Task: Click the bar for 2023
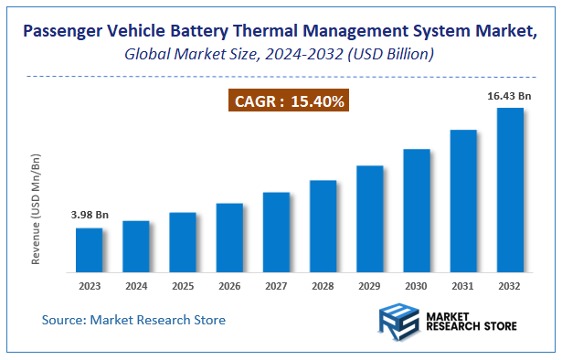90,249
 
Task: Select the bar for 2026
229,238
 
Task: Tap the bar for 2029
369,218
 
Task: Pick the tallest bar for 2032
509,190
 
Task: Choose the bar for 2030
416,210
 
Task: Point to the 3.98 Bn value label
90,215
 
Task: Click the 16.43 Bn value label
509,95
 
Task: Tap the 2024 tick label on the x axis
136,285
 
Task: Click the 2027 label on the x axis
276,285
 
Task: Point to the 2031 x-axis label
462,285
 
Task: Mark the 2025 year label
183,285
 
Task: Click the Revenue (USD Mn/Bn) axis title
37,210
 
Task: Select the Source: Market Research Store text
133,320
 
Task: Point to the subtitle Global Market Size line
280,56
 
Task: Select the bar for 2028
323,226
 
